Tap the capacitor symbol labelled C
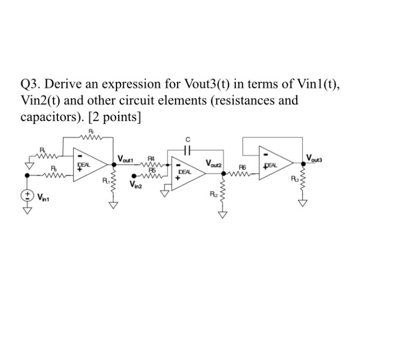(188, 149)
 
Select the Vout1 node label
(127, 159)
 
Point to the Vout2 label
(214, 163)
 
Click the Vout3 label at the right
(314, 158)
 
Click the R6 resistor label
(242, 167)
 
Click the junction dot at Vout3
(303, 162)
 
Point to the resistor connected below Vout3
(303, 183)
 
